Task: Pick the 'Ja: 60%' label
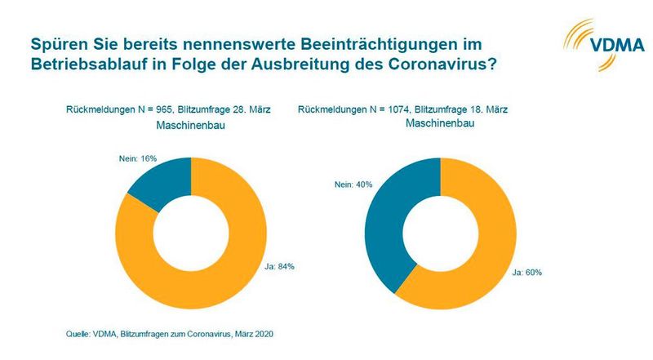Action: pos(526,271)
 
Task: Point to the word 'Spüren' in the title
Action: pos(56,41)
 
